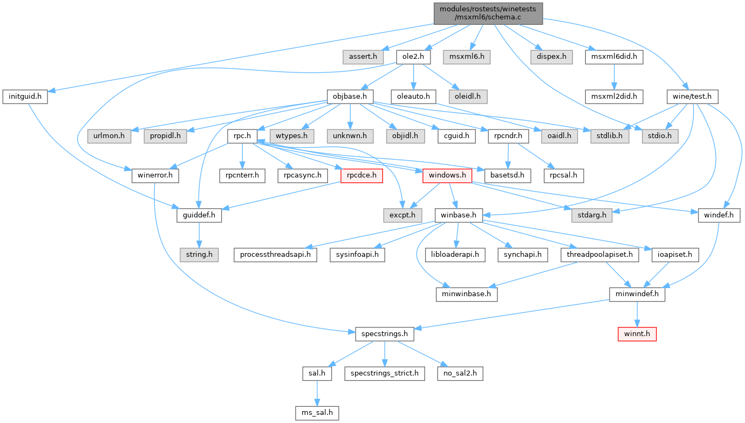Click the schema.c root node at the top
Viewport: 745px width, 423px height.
pyautogui.click(x=488, y=13)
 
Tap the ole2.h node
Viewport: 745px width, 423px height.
pyautogui.click(x=413, y=56)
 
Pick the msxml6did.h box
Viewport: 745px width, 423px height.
pyautogui.click(x=614, y=56)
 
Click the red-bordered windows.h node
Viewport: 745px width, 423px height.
pyautogui.click(x=448, y=175)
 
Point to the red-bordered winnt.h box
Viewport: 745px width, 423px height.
pyautogui.click(x=637, y=335)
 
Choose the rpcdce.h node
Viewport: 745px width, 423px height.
pyautogui.click(x=361, y=175)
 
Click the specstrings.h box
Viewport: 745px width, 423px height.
pyautogui.click(x=384, y=335)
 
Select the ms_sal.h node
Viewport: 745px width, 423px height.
pyautogui.click(x=317, y=414)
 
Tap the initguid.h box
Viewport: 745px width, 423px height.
pyautogui.click(x=25, y=97)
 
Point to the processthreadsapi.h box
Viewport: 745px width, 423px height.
pyautogui.click(x=275, y=254)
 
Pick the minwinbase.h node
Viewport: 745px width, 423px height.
pyautogui.click(x=467, y=295)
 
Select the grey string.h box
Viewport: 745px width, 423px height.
pyautogui.click(x=200, y=254)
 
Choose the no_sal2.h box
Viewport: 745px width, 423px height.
pyautogui.click(x=460, y=373)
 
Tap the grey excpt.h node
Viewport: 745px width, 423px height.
pyautogui.click(x=402, y=215)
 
